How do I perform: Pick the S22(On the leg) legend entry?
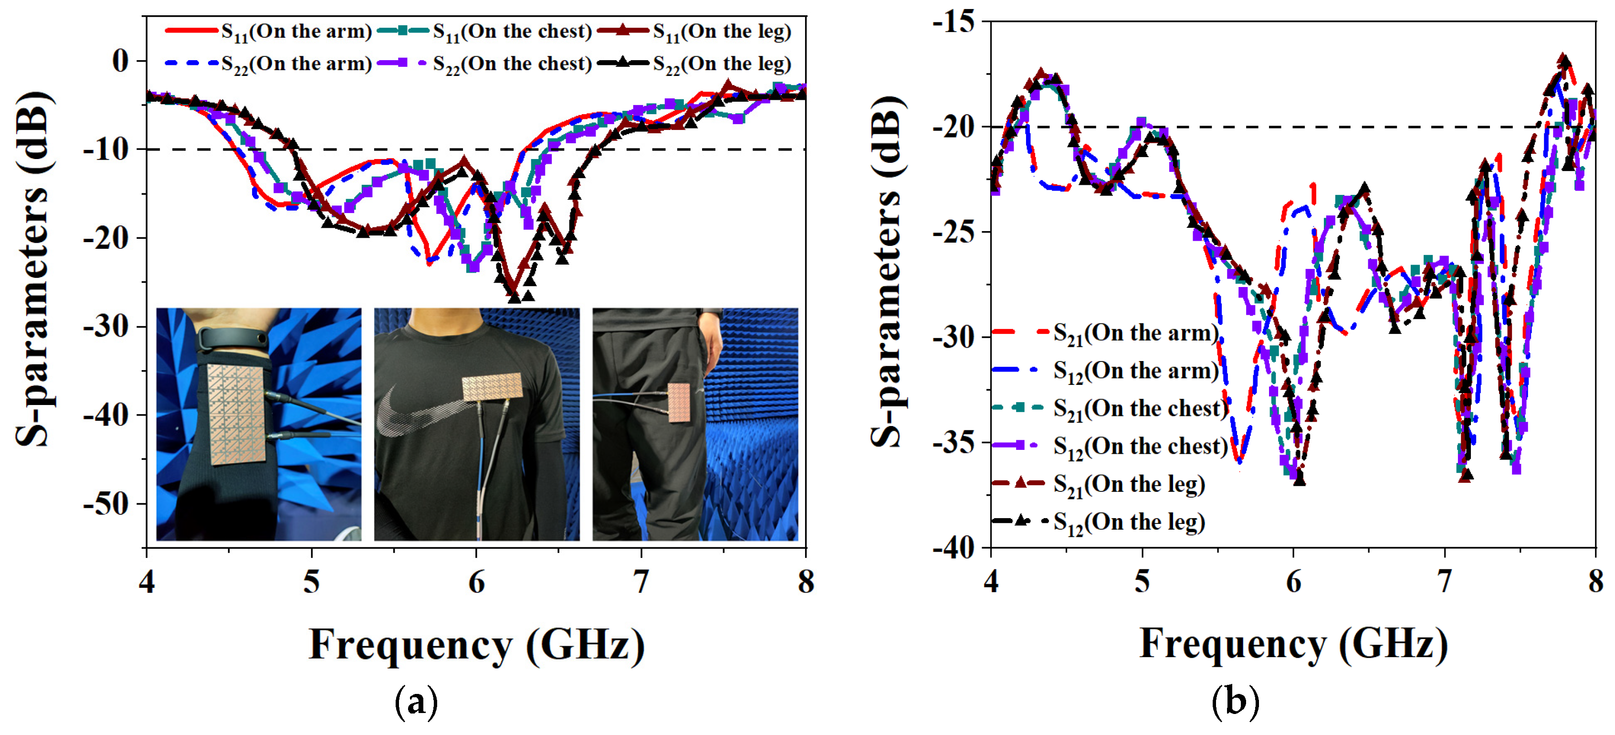click(696, 64)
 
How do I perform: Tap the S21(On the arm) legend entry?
click(1107, 333)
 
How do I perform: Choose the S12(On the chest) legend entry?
click(1110, 447)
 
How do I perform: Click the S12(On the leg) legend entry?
click(1100, 522)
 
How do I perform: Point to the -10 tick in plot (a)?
click(106, 150)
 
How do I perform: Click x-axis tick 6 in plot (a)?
click(476, 582)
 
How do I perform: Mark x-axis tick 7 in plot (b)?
click(1445, 582)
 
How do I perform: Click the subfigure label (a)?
click(416, 703)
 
